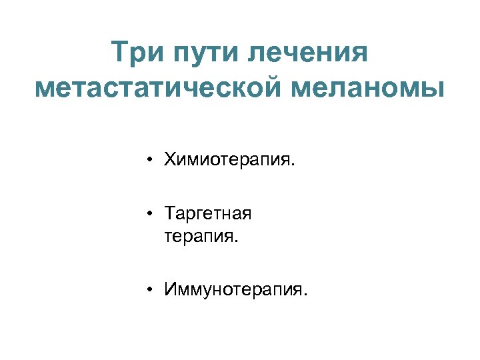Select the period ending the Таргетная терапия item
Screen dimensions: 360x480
pos(235,240)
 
